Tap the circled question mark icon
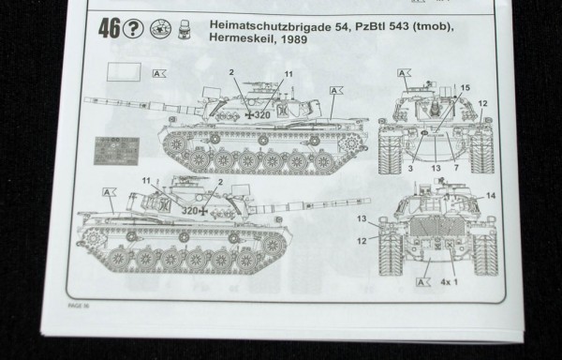(137, 30)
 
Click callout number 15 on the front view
(464, 88)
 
